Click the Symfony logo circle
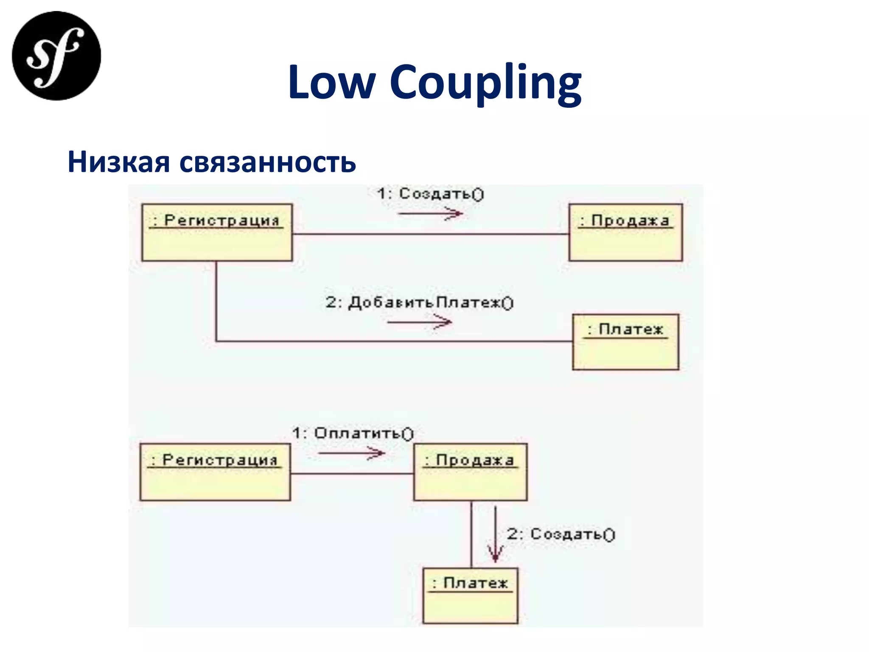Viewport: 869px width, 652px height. [56, 56]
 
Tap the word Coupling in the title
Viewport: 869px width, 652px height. [485, 83]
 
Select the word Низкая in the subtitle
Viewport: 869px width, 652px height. [118, 162]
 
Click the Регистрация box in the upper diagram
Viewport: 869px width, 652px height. [217, 233]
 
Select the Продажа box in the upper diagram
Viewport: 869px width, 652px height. [625, 233]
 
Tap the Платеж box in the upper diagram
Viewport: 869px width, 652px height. [625, 342]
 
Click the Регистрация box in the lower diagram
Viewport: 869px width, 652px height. [215, 472]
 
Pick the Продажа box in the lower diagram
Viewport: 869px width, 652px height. [471, 472]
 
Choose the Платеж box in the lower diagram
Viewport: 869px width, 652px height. [471, 596]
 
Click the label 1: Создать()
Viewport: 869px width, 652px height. [430, 194]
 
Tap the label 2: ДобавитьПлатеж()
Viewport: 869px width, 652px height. [419, 303]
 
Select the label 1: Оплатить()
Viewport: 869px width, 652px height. [353, 433]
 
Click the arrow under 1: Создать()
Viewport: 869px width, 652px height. [430, 213]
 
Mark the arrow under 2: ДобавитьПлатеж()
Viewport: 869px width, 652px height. [419, 323]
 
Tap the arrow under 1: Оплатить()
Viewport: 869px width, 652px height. [351, 453]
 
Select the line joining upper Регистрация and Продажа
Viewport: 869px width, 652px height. [430, 234]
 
